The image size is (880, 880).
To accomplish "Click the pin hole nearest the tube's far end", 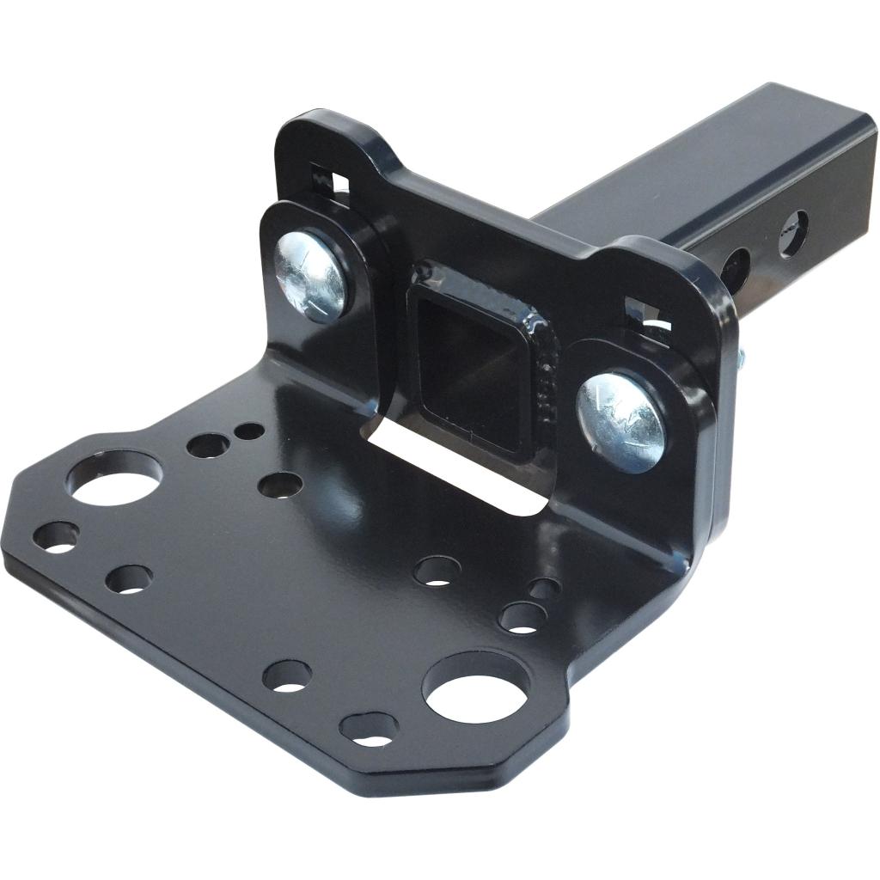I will (x=792, y=234).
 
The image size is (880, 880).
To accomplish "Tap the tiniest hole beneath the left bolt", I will (x=250, y=430).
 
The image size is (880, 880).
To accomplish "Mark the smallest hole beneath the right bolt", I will (x=544, y=589).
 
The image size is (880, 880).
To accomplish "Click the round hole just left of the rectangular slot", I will (x=280, y=486).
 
